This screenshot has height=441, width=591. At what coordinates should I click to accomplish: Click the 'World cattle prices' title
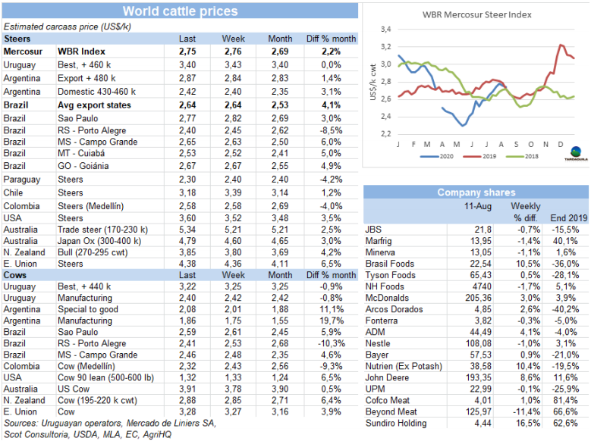[180, 11]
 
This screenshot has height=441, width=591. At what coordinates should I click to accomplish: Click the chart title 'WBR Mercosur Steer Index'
[476, 14]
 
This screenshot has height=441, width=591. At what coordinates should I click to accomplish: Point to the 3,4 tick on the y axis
[385, 29]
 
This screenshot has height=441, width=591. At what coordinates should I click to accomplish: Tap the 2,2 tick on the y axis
[385, 133]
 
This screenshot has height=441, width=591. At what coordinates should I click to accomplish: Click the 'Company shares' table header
[476, 192]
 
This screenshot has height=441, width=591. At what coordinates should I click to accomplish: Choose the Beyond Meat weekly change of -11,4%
[525, 411]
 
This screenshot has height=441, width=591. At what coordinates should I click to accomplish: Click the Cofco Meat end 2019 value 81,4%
[574, 399]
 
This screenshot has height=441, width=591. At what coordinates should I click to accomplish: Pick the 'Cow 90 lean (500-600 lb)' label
[110, 377]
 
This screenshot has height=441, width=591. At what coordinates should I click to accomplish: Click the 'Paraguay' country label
[23, 179]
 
